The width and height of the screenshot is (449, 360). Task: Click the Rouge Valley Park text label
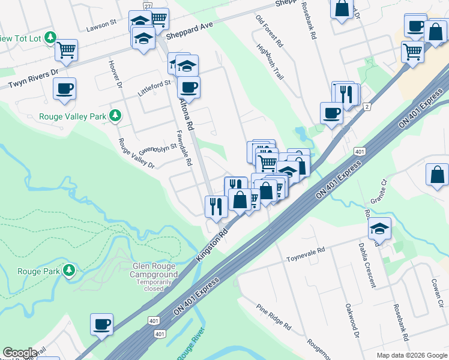click(73, 116)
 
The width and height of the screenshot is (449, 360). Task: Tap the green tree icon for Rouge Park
click(70, 271)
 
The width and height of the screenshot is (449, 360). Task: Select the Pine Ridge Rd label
click(274, 316)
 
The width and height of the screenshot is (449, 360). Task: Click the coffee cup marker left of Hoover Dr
click(65, 89)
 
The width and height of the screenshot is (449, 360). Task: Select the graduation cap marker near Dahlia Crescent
click(379, 229)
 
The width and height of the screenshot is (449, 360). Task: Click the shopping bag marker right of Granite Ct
click(438, 175)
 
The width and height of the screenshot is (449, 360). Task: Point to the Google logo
click(20, 353)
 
